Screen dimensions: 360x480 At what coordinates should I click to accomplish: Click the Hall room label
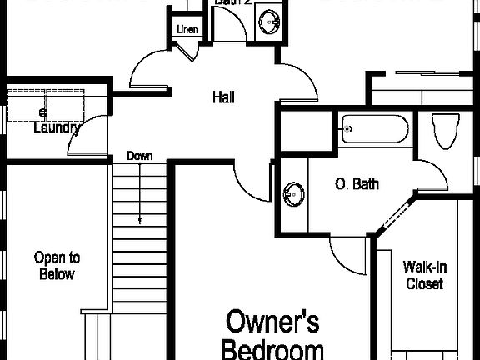click(222, 97)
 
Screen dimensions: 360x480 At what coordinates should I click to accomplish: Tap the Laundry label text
click(57, 128)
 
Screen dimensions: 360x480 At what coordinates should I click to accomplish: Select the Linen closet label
click(185, 31)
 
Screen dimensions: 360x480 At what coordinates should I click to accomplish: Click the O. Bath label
click(357, 183)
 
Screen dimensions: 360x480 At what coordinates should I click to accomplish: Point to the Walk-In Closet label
click(424, 275)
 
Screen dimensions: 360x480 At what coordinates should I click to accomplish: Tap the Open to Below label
click(57, 266)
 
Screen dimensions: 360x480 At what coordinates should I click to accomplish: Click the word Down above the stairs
click(138, 156)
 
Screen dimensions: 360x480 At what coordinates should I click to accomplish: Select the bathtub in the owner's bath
click(374, 129)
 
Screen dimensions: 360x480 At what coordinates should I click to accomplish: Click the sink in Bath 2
click(268, 20)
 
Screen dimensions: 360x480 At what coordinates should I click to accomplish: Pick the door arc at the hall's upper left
click(150, 71)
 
